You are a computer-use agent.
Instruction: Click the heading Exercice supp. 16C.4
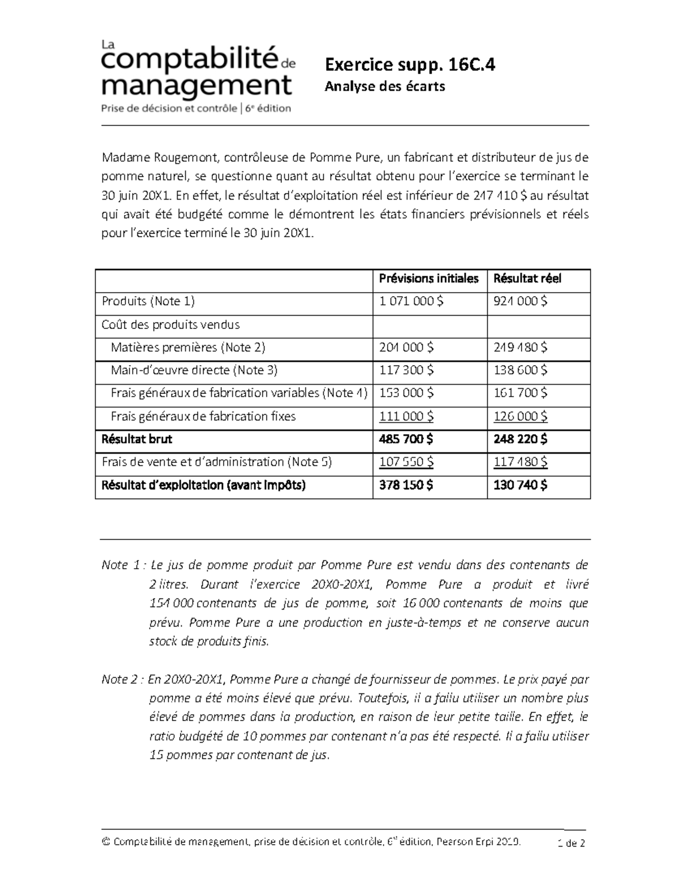[x=409, y=65]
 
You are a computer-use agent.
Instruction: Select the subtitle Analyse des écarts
[x=385, y=87]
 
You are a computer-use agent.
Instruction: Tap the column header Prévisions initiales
[x=428, y=279]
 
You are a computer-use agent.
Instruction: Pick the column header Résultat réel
[x=527, y=279]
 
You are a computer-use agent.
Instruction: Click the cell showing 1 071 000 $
[x=411, y=301]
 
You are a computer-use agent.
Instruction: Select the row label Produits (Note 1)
[x=148, y=301]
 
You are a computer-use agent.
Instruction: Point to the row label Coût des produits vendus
[x=171, y=325]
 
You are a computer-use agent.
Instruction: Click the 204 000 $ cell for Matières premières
[x=407, y=347]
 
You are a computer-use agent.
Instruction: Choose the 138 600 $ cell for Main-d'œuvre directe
[x=520, y=370]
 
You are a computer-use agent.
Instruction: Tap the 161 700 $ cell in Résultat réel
[x=520, y=393]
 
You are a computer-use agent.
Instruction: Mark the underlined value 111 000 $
[x=407, y=416]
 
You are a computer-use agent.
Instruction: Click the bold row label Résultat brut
[x=137, y=439]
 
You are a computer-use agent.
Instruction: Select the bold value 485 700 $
[x=406, y=439]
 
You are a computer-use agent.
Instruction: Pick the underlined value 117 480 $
[x=520, y=462]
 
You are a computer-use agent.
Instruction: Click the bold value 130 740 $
[x=520, y=485]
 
